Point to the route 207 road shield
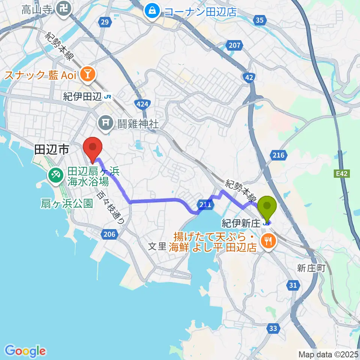(x=234, y=46)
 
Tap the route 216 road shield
(x=279, y=155)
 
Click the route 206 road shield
(x=109, y=234)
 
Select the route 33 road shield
(x=274, y=329)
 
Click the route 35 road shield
(x=259, y=20)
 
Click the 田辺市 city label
(x=51, y=150)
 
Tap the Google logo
(x=25, y=351)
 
